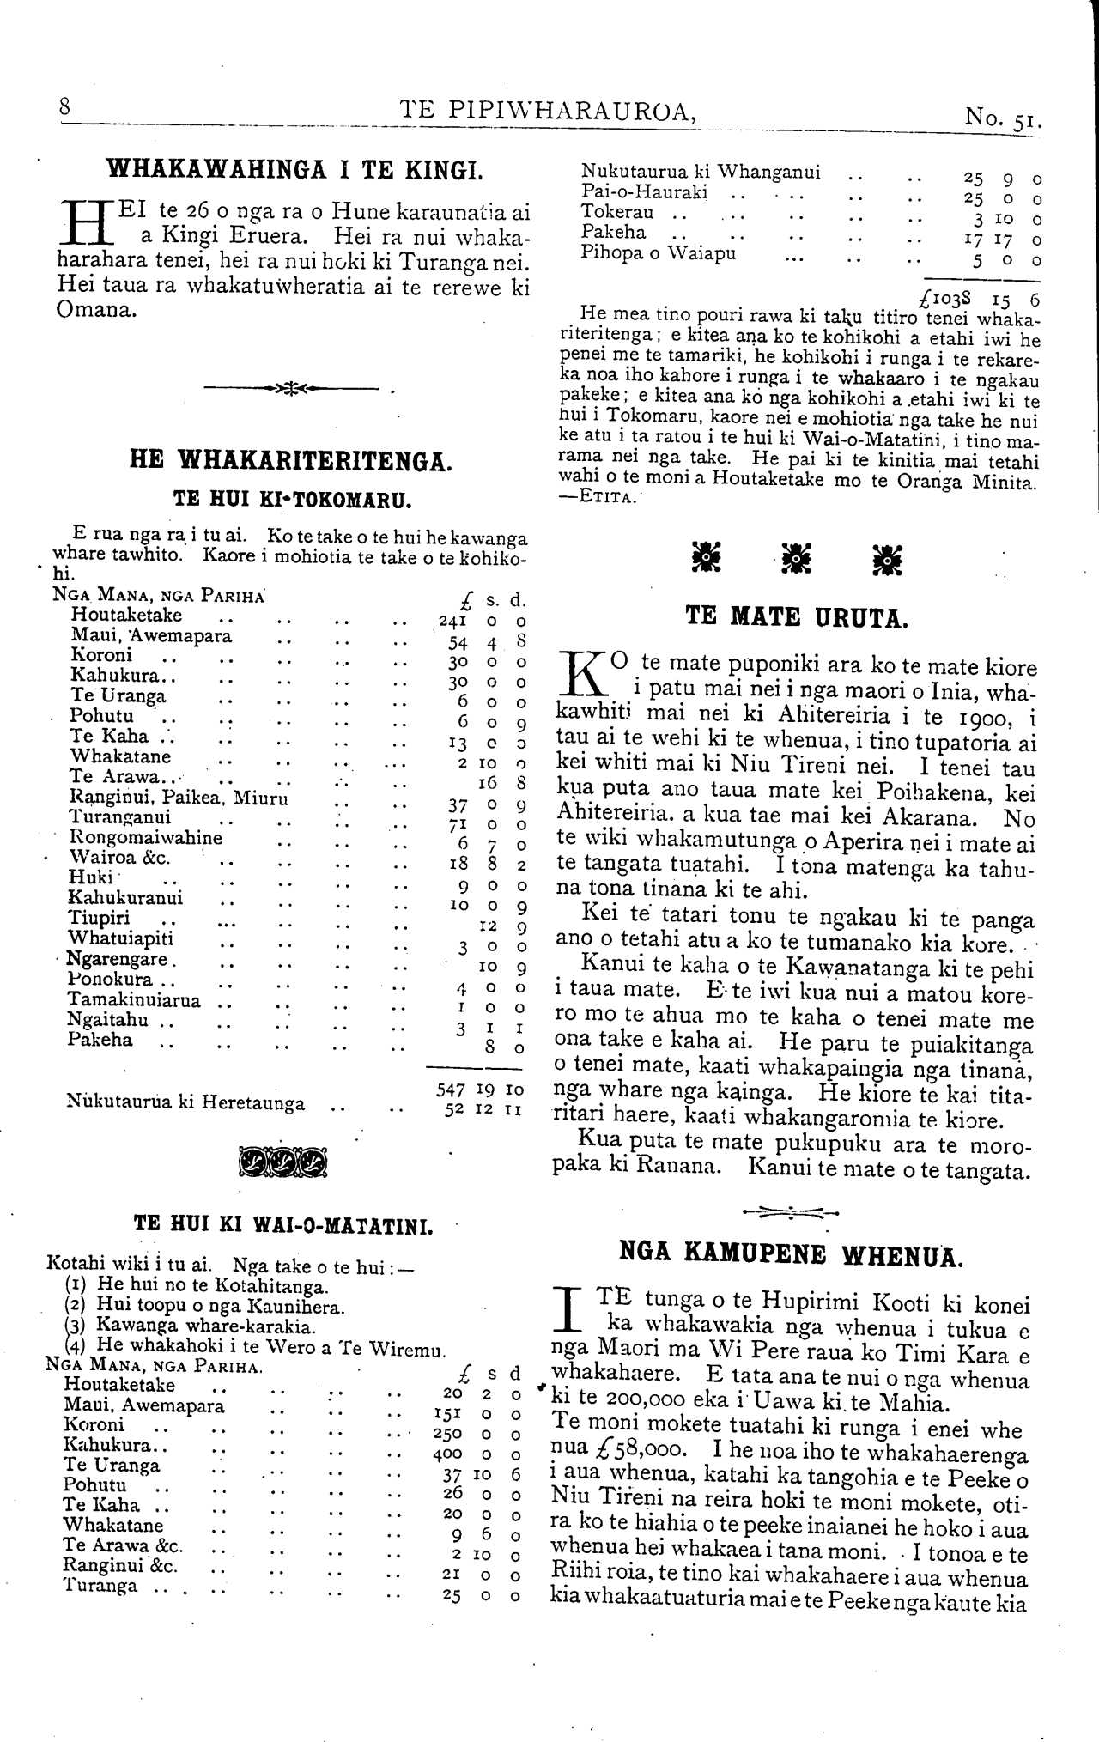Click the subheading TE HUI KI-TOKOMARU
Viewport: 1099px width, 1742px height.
pos(291,498)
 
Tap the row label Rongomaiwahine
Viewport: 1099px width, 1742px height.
pos(145,838)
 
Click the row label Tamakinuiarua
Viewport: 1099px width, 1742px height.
pos(134,1000)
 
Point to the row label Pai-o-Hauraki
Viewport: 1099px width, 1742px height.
pos(644,192)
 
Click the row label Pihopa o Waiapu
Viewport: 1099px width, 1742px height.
pos(659,253)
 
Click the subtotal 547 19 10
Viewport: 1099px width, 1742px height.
pos(480,1089)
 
